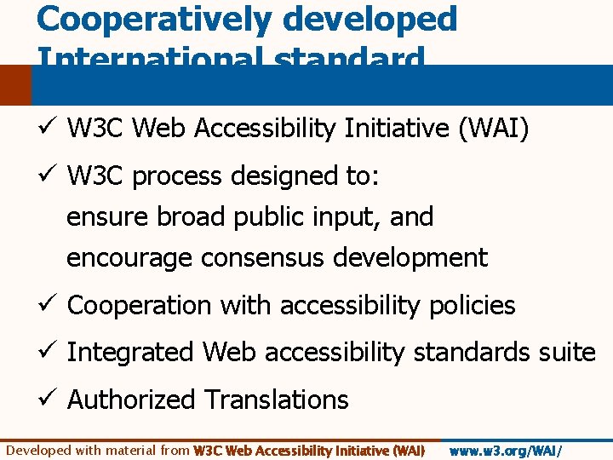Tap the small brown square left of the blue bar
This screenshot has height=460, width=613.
15,86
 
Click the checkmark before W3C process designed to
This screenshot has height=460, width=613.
47,176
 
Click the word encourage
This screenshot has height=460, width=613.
132,257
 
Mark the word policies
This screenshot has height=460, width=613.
473,305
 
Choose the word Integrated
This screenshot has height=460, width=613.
130,352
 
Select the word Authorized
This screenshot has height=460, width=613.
133,400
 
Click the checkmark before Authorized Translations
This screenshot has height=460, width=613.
47,400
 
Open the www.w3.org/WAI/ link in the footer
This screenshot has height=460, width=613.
505,451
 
